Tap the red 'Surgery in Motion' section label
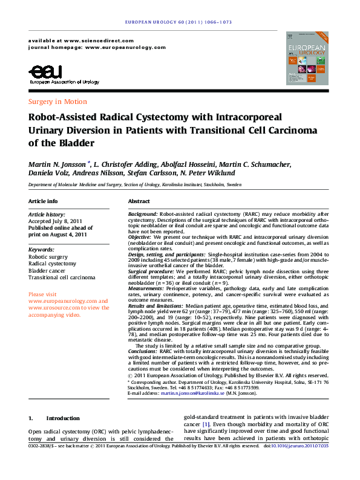point(57,102)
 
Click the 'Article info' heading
point(43,201)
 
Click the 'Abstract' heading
point(139,201)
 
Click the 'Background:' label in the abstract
point(143,215)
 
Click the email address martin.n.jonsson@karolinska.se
point(193,394)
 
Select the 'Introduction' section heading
point(62,418)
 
